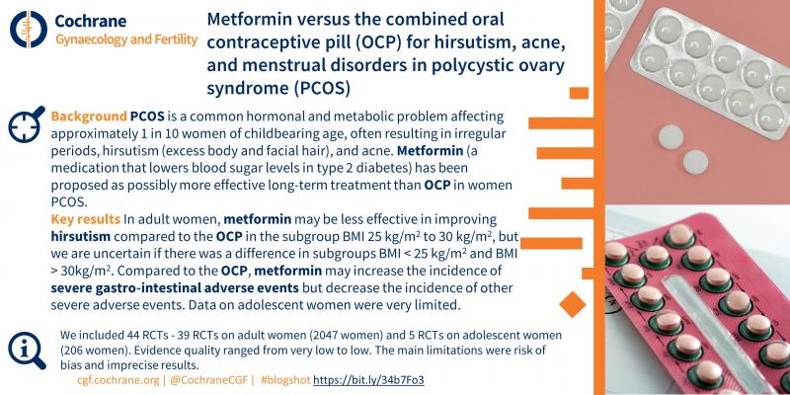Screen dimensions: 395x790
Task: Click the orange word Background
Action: tap(86, 116)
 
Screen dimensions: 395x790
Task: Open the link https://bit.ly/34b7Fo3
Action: tap(375, 379)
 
